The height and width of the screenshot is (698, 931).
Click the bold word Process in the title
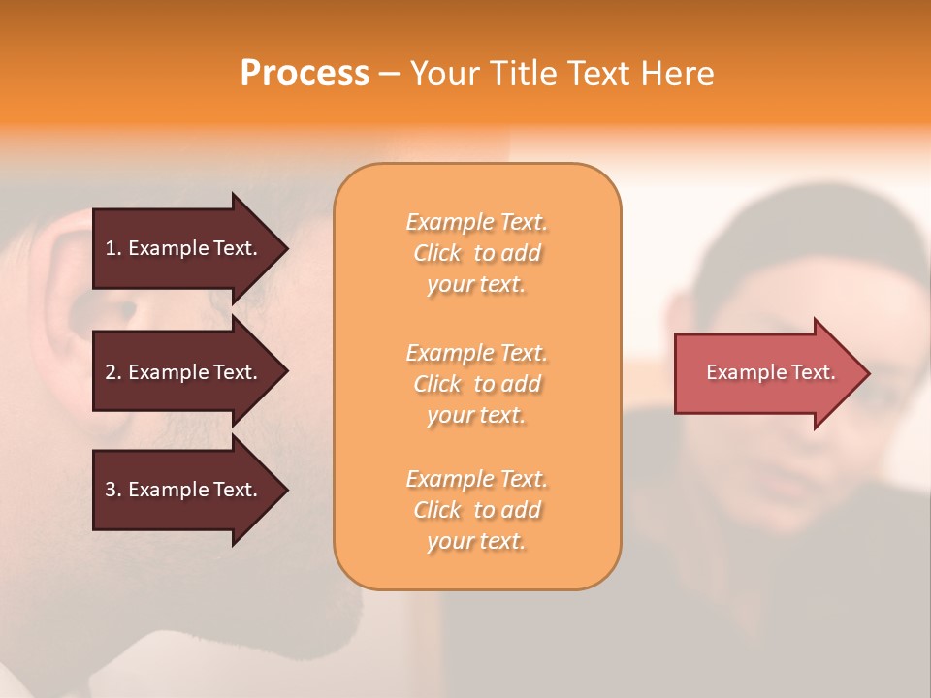(305, 74)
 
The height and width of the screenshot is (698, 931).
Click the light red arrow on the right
(766, 373)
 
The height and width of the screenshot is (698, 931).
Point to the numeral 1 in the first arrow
(111, 248)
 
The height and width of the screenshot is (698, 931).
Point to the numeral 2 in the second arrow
(111, 372)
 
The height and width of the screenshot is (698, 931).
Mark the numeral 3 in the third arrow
(111, 490)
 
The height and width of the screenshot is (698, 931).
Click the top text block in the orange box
(476, 253)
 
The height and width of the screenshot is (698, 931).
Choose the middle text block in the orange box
(476, 384)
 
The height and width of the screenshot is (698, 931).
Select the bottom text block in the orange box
(476, 510)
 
